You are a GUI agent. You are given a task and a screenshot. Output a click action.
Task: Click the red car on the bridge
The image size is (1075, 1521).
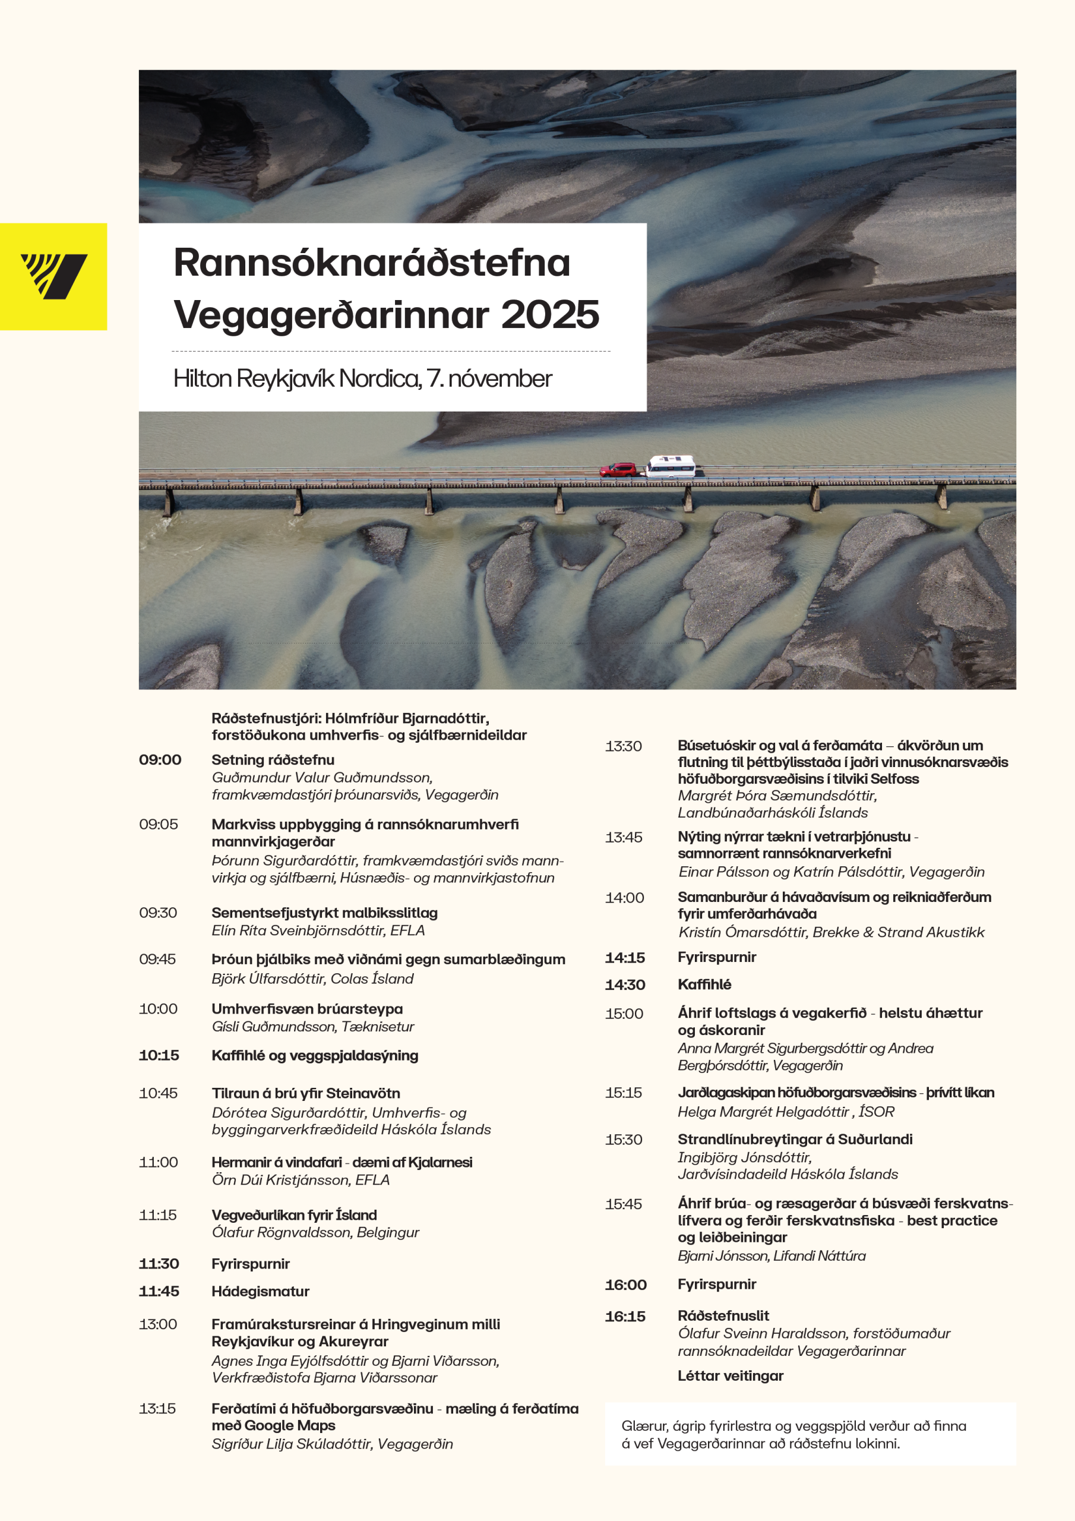tap(617, 470)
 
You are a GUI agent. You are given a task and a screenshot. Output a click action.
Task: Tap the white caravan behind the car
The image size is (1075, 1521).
tap(671, 466)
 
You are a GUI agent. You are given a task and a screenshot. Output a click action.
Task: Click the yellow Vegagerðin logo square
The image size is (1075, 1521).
tap(53, 276)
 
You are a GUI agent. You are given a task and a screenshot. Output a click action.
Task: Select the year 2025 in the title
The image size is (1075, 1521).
tap(550, 314)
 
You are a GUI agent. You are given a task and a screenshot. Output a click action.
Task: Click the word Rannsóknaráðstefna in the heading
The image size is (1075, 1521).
tap(372, 263)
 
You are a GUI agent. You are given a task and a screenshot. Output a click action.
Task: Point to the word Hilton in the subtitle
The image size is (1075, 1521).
tap(203, 378)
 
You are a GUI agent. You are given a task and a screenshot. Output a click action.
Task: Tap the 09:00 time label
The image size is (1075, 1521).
tap(160, 760)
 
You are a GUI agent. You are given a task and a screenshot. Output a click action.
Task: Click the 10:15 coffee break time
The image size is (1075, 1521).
tap(159, 1055)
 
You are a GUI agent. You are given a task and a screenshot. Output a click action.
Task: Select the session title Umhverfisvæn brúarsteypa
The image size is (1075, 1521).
tap(306, 1009)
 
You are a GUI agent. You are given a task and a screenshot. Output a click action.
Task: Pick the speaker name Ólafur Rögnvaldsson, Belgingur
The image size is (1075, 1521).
tap(315, 1232)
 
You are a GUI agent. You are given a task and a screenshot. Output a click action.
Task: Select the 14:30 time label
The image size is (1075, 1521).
tap(625, 985)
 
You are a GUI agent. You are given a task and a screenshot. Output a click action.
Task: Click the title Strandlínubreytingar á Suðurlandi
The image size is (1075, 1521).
tap(794, 1140)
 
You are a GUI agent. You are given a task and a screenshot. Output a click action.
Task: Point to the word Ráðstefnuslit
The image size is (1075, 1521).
tap(723, 1315)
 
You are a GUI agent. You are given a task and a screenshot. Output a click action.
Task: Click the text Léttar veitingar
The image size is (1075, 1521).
tap(730, 1376)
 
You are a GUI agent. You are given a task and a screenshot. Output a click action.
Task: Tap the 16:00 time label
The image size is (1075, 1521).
tap(625, 1285)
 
